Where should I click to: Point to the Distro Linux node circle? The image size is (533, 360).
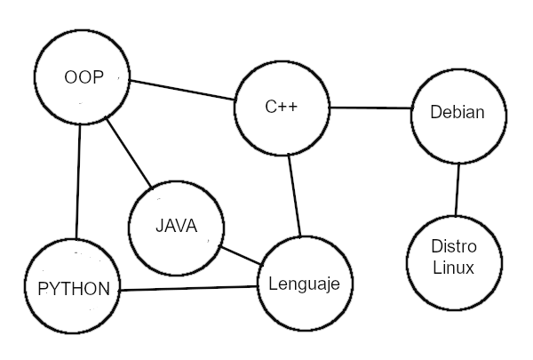(454, 258)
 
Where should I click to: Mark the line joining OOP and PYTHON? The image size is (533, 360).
(78, 182)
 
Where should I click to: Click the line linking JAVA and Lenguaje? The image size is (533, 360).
(241, 255)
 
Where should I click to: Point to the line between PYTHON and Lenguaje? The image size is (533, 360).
(188, 289)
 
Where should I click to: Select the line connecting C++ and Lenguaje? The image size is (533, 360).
(295, 196)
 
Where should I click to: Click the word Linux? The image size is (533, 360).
(454, 268)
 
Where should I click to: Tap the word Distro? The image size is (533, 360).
(454, 246)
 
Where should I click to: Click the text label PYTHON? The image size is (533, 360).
(74, 289)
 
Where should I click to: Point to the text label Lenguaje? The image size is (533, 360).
(305, 284)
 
